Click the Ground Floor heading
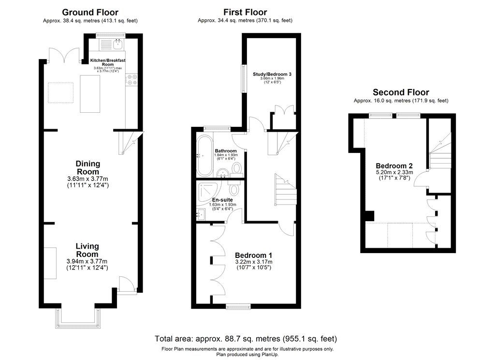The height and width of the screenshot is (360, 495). click(x=91, y=12)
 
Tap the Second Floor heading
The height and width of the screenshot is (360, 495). click(x=401, y=92)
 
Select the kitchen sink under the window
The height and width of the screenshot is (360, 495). click(x=117, y=45)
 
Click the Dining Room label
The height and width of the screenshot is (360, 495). click(x=87, y=168)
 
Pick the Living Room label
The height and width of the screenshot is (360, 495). click(x=87, y=250)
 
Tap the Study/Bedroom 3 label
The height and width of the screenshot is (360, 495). click(x=272, y=74)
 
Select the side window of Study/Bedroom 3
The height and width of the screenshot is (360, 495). click(x=243, y=77)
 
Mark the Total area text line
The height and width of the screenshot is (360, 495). click(x=246, y=339)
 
